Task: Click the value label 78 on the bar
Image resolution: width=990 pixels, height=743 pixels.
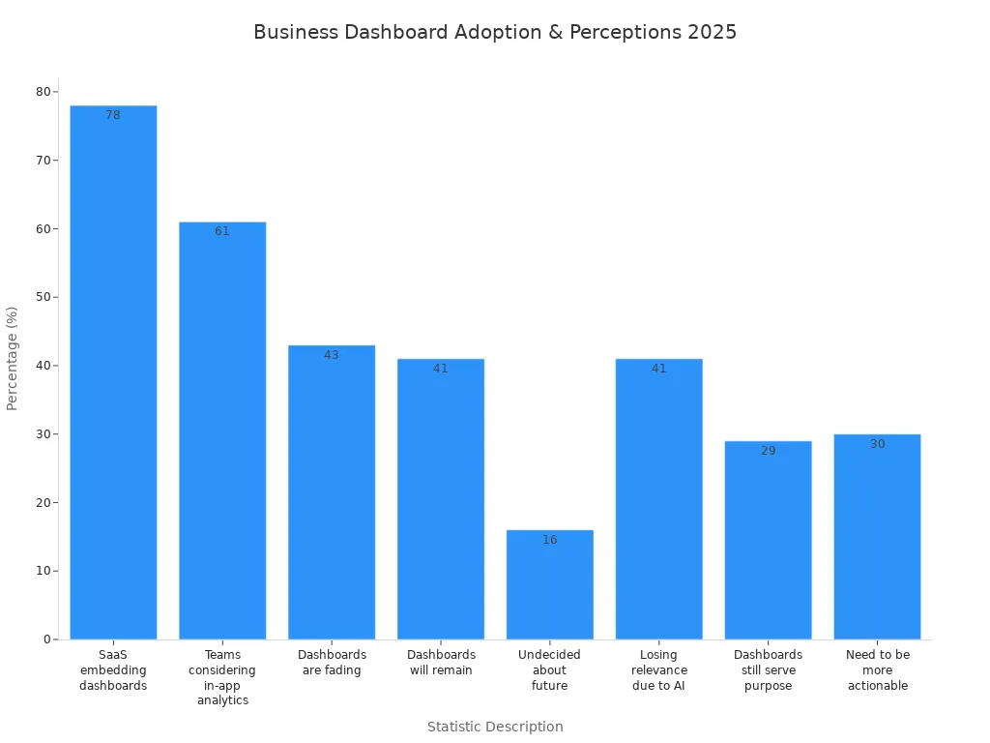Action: [x=113, y=115]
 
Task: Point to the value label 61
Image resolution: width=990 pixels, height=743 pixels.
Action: [x=222, y=231]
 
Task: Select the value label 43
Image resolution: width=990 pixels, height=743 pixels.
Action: [x=332, y=355]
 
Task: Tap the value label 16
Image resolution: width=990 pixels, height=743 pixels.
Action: [x=549, y=540]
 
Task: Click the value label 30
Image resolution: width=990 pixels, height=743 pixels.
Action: [x=877, y=444]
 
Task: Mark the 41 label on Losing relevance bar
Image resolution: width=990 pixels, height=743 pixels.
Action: [x=658, y=369]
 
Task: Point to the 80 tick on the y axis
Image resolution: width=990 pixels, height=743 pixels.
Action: [x=44, y=92]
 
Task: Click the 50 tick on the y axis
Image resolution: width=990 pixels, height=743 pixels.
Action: [x=44, y=297]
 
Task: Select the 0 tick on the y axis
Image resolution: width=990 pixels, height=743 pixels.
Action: [x=47, y=639]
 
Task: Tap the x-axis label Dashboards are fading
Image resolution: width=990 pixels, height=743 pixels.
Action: [x=332, y=663]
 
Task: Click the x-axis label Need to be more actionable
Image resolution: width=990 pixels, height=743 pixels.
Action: [x=877, y=670]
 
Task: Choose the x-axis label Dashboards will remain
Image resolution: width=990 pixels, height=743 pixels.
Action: [x=441, y=663]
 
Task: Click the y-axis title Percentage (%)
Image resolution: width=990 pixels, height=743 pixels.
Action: [x=13, y=358]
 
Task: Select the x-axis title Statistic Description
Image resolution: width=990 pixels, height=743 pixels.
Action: [x=495, y=727]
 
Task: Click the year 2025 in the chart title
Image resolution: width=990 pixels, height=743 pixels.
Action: [x=712, y=32]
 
